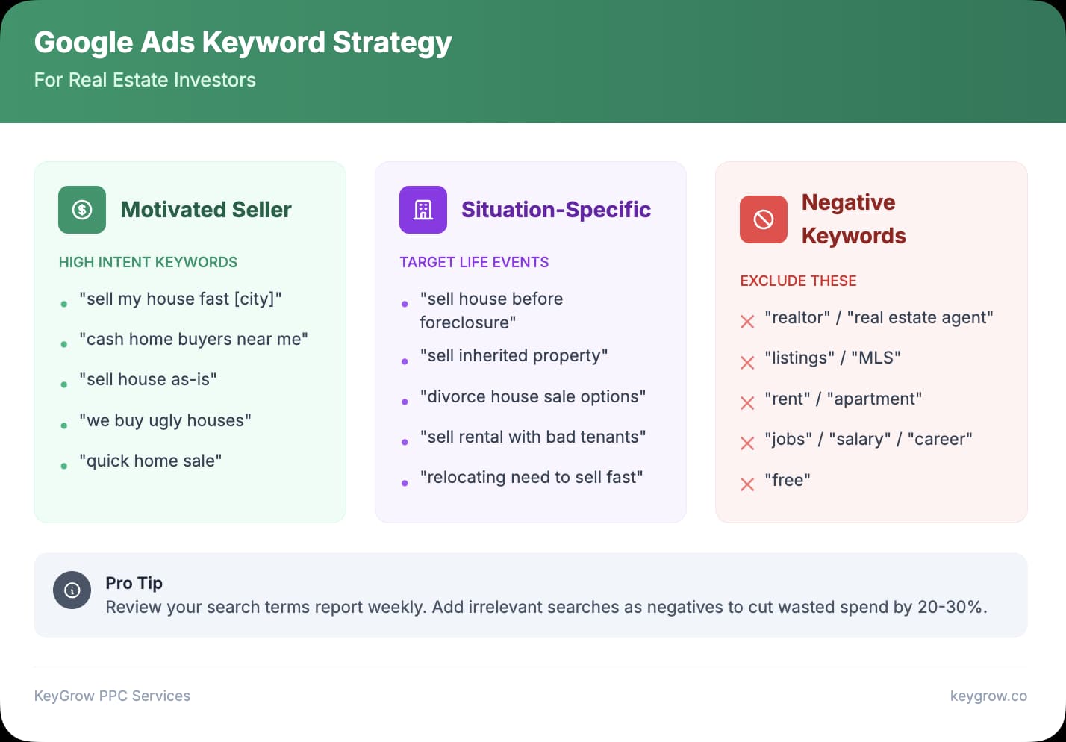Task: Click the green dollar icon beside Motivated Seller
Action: [x=82, y=210]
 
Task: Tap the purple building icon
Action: [x=423, y=210]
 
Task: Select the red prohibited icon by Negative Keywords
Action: [x=763, y=219]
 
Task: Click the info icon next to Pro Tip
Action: [x=72, y=590]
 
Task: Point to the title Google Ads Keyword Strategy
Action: [x=243, y=43]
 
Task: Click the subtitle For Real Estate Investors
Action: [x=145, y=80]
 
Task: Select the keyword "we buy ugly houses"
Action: [x=165, y=420]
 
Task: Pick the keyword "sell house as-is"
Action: [x=148, y=379]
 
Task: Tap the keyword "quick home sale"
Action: [x=150, y=461]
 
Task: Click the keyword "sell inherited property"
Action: [x=514, y=355]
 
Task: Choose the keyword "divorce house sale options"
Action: [x=532, y=396]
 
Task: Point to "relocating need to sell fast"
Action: [x=531, y=477]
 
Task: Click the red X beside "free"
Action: [x=747, y=484]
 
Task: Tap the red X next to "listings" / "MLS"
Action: [x=747, y=363]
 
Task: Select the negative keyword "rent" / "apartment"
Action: [x=843, y=399]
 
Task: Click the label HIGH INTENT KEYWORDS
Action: [x=148, y=262]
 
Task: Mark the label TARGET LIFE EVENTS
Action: [x=474, y=262]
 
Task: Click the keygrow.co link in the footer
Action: [x=988, y=696]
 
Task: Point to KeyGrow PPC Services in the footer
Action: [x=112, y=696]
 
